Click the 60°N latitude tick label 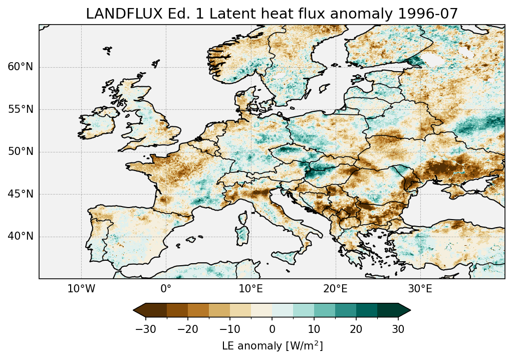tap(21, 67)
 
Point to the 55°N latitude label tap(21, 109)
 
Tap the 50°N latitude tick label tap(21, 152)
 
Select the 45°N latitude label tap(21, 194)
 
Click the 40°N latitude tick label tap(21, 236)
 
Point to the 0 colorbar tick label tap(272, 329)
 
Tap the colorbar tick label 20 tap(356, 329)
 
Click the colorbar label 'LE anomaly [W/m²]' tap(272, 346)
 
